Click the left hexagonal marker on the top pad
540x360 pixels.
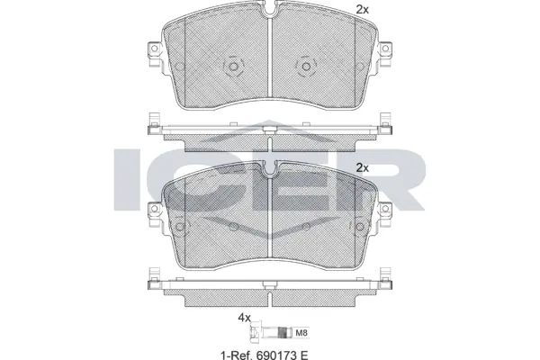(x=231, y=67)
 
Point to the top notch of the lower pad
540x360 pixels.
(x=270, y=167)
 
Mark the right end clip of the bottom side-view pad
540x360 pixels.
(x=391, y=283)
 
